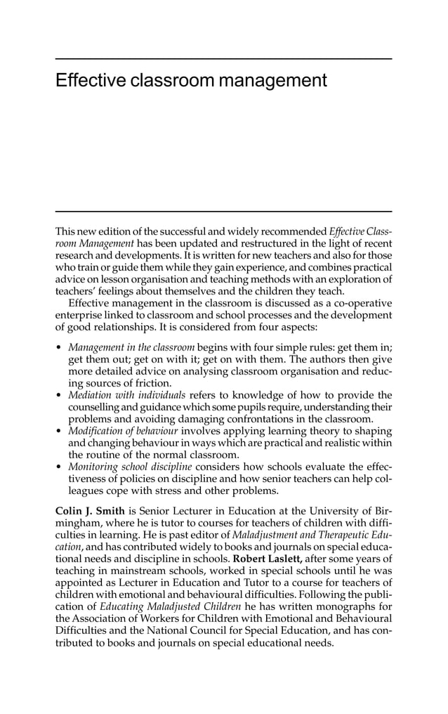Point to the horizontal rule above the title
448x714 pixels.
point(223,59)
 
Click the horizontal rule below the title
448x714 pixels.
point(223,211)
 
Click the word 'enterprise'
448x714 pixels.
point(79,314)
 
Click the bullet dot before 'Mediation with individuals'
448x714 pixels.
point(59,396)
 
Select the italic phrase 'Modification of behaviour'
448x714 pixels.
point(123,431)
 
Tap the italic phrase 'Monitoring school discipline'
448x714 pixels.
point(130,466)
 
